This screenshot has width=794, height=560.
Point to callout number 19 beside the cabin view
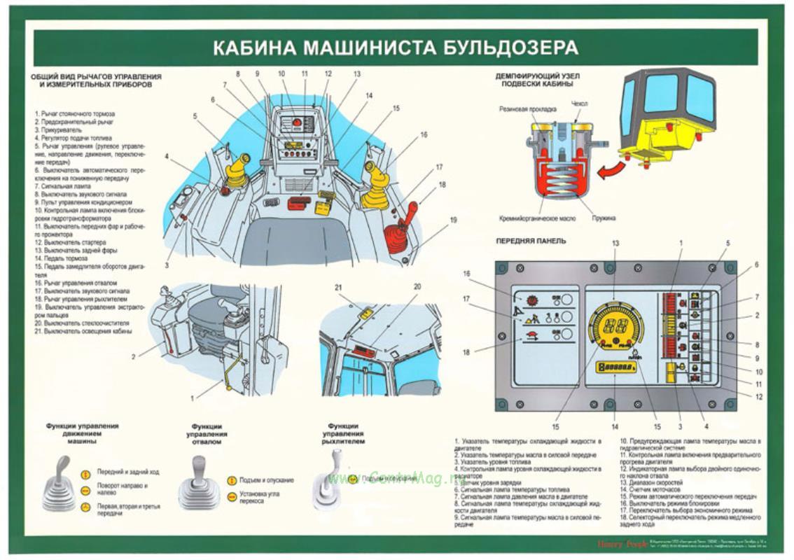(x=453, y=219)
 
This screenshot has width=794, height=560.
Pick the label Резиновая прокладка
(x=528, y=109)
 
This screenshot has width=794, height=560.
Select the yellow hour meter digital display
(x=615, y=367)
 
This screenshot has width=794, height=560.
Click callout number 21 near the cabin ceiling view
(x=339, y=288)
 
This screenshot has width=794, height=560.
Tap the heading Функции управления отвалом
(x=207, y=434)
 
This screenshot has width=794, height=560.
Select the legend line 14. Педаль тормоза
(x=67, y=258)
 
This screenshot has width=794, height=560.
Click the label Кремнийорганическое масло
(x=538, y=218)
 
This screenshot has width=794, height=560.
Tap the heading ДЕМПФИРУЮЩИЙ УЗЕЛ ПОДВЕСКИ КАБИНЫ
(x=538, y=80)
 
